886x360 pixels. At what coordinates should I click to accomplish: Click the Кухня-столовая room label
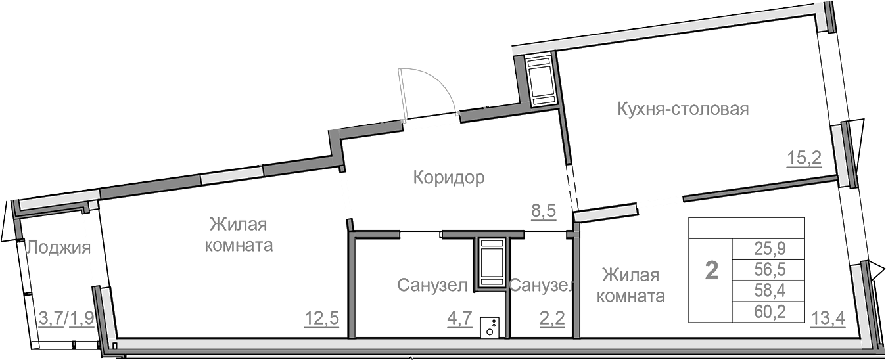click(683, 108)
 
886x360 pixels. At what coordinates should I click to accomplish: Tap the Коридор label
click(449, 177)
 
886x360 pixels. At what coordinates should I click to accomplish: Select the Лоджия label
click(58, 248)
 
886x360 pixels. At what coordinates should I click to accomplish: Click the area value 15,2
click(804, 158)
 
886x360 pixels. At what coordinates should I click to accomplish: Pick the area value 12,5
click(321, 319)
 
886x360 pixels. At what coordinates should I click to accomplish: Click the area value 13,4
click(828, 319)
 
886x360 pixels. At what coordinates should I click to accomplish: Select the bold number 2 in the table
click(711, 270)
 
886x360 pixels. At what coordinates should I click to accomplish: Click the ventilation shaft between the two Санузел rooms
click(491, 263)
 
